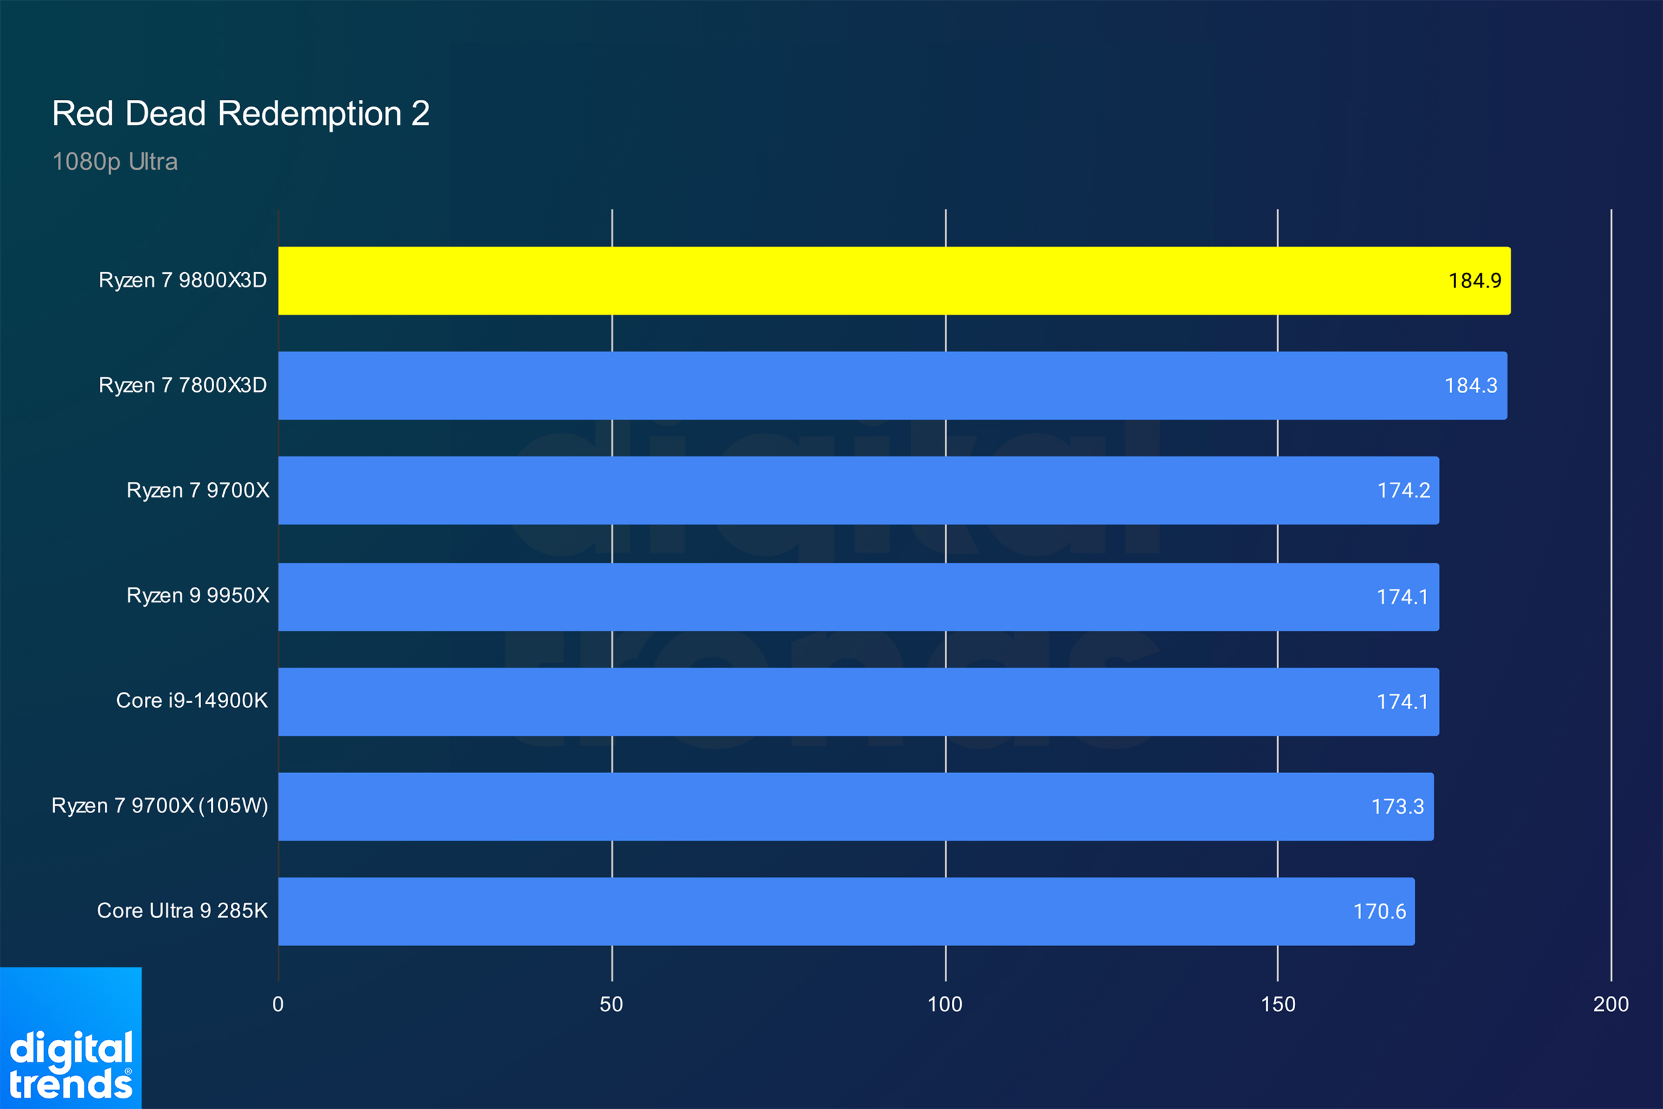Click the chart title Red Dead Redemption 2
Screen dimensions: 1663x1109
[241, 113]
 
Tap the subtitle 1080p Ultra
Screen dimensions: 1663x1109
[115, 162]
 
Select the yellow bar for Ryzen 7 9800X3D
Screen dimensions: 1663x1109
[895, 281]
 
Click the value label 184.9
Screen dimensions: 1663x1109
[1475, 281]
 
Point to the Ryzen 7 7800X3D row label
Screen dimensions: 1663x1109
[182, 385]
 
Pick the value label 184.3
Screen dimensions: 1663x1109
[1471, 385]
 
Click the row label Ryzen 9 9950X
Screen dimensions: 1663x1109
[198, 595]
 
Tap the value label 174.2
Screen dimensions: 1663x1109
[1404, 490]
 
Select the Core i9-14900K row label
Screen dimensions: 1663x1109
[192, 701]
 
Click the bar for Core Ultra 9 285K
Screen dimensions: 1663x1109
[846, 911]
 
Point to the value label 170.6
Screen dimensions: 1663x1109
[1380, 911]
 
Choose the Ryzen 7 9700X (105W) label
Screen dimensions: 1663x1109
[160, 806]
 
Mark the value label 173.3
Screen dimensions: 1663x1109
[1398, 806]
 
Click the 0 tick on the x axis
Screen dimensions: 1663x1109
[278, 1005]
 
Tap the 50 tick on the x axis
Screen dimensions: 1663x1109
[611, 1005]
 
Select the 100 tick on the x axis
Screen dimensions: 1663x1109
[945, 1005]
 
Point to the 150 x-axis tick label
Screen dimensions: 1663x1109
[1279, 1005]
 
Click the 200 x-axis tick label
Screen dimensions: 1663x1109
[1611, 1005]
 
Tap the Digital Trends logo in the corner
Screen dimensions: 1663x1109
[71, 1038]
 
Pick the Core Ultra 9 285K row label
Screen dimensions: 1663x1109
[182, 910]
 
